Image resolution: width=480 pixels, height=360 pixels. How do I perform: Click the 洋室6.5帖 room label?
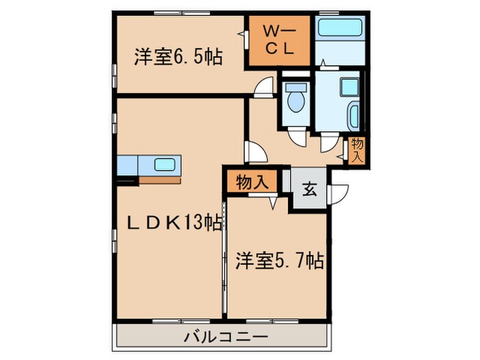click(178, 58)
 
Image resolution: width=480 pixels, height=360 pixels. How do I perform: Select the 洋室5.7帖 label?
click(279, 261)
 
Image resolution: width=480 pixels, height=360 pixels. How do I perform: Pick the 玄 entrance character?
click(310, 190)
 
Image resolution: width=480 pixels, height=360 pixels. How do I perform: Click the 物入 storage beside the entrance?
click(252, 182)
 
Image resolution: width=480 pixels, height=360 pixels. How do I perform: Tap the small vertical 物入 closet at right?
click(357, 149)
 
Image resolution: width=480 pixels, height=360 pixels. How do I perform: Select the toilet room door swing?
click(297, 136)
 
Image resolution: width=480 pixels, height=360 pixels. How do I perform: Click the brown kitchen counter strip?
click(160, 179)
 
